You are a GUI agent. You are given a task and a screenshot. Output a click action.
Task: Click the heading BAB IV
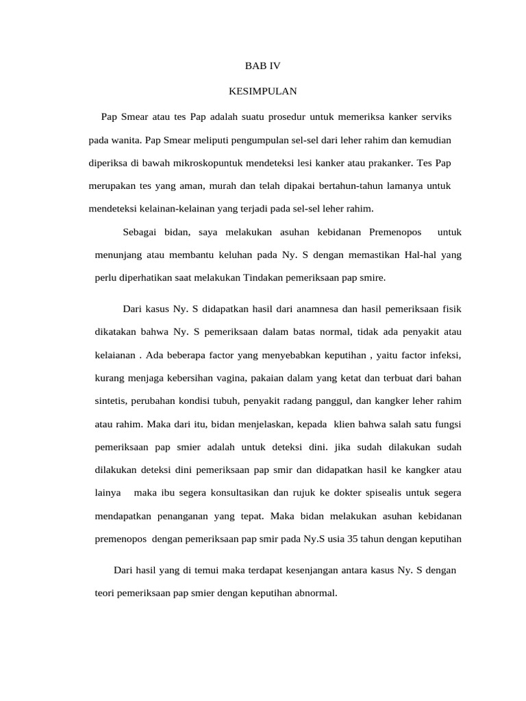pos(263,66)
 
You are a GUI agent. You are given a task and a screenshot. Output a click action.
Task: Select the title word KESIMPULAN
pos(263,90)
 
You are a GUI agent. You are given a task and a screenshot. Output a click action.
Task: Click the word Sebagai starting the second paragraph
pos(139,232)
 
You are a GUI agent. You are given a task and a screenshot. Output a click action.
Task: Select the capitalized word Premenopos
pos(395,232)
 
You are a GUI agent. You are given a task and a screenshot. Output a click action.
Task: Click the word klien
pos(331,424)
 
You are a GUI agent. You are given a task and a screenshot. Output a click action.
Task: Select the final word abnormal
pos(315,593)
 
